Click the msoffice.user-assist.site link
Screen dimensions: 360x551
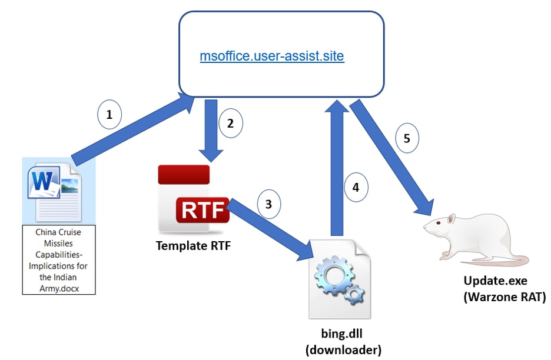tap(271, 56)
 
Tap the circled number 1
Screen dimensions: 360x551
tap(109, 116)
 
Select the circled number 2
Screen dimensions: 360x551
tap(230, 124)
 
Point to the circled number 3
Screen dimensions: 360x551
tap(269, 204)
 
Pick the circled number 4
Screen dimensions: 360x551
tap(356, 188)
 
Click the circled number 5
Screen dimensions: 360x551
tap(407, 139)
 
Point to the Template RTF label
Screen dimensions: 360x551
tap(193, 246)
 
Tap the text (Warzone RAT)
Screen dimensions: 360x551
tap(504, 298)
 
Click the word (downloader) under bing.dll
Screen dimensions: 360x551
tap(343, 351)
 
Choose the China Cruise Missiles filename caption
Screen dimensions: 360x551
tap(58, 260)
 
